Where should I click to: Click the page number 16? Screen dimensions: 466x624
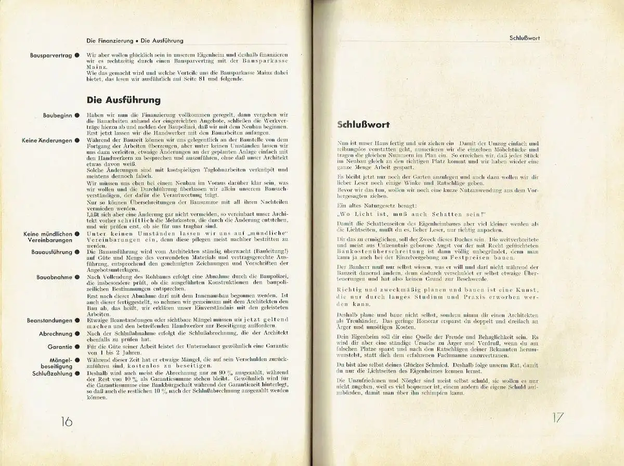(67, 421)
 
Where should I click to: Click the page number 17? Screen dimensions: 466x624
(557, 418)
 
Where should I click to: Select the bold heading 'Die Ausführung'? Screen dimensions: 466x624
(123, 100)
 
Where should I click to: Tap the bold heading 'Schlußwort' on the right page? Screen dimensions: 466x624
(364, 125)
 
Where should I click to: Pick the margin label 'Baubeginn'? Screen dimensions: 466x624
(58, 115)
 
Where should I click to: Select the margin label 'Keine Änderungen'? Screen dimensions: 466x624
(47, 140)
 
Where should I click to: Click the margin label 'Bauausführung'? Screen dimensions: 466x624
(51, 252)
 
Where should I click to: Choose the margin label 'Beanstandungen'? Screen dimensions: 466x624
(49, 321)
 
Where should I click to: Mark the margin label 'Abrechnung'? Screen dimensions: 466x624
(56, 334)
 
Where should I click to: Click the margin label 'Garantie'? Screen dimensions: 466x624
(60, 346)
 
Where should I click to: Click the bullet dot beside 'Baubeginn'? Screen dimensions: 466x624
(76, 115)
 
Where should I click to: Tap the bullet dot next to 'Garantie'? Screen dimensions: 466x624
(76, 346)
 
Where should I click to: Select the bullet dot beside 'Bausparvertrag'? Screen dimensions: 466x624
(76, 54)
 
